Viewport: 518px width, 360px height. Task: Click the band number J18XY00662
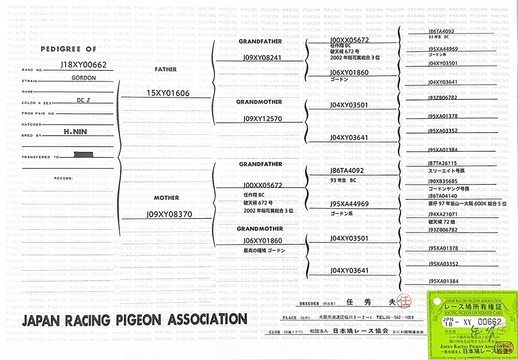point(83,65)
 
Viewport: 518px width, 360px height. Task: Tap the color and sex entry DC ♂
point(83,100)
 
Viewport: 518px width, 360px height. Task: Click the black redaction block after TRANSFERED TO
point(84,154)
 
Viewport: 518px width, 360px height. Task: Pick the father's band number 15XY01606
point(168,93)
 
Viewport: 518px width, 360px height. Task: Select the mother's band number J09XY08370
point(169,213)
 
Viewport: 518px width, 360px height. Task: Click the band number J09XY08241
point(262,57)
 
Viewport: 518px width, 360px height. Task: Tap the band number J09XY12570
point(262,119)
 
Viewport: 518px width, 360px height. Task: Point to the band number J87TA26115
point(443,163)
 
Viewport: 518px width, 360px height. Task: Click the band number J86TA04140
point(443,196)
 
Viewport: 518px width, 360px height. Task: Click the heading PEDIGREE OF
point(68,49)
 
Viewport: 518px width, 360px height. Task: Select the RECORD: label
point(64,178)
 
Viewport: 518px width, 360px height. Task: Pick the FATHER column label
point(166,69)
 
